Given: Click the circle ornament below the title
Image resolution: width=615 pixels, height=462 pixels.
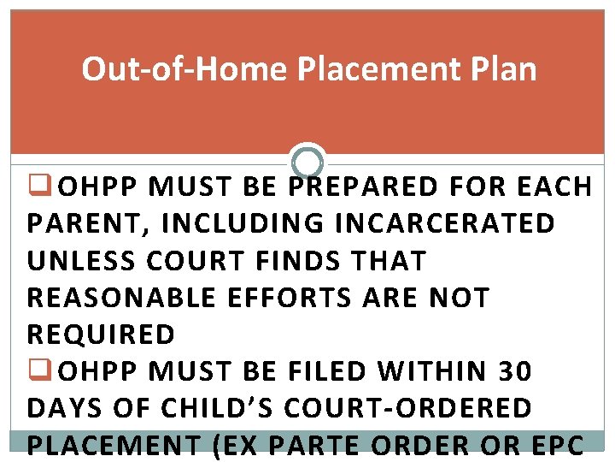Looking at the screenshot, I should click(x=307, y=161).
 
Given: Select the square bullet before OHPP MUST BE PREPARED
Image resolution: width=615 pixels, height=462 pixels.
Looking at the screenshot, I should click(x=36, y=185).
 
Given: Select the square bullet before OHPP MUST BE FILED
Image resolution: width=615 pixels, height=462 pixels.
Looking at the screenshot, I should click(x=36, y=370).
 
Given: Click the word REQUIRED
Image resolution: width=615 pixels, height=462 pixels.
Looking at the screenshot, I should click(x=101, y=334).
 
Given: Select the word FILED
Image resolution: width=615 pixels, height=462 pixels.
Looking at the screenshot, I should click(x=325, y=371).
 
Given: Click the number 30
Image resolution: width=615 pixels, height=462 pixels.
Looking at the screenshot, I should click(x=515, y=371).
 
